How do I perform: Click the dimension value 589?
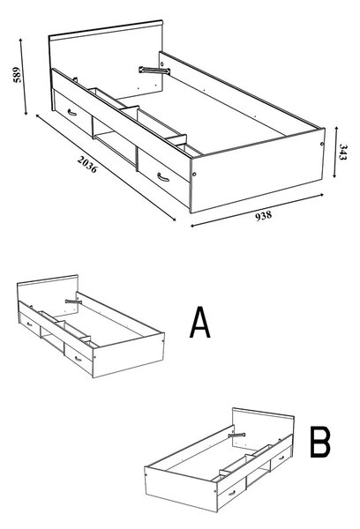point(17,75)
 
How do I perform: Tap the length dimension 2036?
point(87,164)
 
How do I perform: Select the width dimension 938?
point(263,215)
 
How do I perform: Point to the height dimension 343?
point(342,153)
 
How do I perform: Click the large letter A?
point(200,322)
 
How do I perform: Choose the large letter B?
point(320,442)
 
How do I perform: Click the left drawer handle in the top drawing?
point(72,113)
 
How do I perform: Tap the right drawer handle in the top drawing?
point(163,177)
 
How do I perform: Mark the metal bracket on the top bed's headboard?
point(154,71)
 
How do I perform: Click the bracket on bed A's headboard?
point(73,302)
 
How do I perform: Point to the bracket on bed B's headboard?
point(236,435)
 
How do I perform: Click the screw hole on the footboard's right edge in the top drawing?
point(321,144)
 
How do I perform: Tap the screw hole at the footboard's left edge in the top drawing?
point(194,174)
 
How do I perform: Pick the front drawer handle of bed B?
point(232,493)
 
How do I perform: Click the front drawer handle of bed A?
point(78,360)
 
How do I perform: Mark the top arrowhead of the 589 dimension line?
point(21,41)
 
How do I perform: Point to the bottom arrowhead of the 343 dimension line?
point(334,175)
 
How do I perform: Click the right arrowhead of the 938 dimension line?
point(321,195)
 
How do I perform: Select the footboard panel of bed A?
point(129,355)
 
